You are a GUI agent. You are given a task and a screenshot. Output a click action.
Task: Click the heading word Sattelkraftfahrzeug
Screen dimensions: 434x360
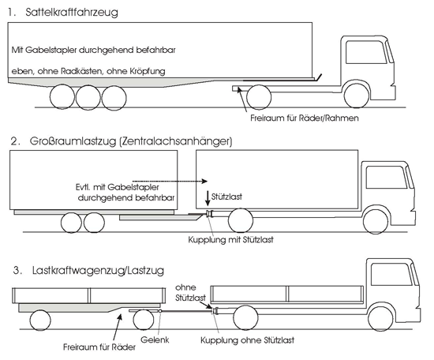[x=72, y=13]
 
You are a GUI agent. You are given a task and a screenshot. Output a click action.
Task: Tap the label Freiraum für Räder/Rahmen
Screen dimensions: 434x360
[x=305, y=118]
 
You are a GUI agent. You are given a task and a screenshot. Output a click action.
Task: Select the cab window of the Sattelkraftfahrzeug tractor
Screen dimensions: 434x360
[x=366, y=52]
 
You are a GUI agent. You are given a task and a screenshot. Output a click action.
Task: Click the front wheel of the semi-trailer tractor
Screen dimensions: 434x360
[x=356, y=96]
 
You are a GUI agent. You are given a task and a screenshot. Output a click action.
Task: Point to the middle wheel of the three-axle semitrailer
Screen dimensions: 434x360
[x=88, y=97]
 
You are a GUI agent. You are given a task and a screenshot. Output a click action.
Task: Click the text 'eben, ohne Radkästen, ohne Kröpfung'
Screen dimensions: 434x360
[x=88, y=71]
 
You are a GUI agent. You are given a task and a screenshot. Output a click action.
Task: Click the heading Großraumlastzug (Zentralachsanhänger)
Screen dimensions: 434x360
[x=131, y=141]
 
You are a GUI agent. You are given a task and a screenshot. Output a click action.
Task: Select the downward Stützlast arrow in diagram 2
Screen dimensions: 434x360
[x=208, y=199]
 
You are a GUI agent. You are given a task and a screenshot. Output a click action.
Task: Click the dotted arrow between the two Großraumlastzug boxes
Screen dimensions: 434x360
[x=170, y=181]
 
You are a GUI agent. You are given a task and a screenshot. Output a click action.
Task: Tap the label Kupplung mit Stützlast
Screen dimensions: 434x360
[x=231, y=239]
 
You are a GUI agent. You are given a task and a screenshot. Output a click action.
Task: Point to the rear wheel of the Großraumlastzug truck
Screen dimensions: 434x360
[x=241, y=220]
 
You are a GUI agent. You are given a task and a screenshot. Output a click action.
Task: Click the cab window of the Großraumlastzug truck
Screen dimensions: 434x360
[x=387, y=177]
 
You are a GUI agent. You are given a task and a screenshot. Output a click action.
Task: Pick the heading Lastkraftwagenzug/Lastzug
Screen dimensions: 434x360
[x=98, y=270]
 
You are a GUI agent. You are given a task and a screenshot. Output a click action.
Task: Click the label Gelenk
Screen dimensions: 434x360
[x=155, y=339]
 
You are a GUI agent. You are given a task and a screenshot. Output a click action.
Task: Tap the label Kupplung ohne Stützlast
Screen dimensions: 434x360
[x=247, y=340]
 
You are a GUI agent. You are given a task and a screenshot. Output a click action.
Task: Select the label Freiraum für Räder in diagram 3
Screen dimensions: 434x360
[x=99, y=347]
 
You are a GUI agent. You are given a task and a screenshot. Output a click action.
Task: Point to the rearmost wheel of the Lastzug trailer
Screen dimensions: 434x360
[x=40, y=320]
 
